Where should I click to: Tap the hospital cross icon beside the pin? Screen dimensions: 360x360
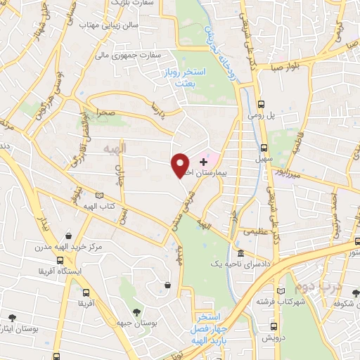click(x=204, y=162)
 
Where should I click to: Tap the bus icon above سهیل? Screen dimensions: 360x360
click(x=264, y=148)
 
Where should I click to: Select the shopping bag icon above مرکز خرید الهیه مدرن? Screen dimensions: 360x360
click(x=68, y=236)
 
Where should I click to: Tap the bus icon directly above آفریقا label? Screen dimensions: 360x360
click(x=86, y=292)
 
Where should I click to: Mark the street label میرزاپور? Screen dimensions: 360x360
click(x=288, y=171)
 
